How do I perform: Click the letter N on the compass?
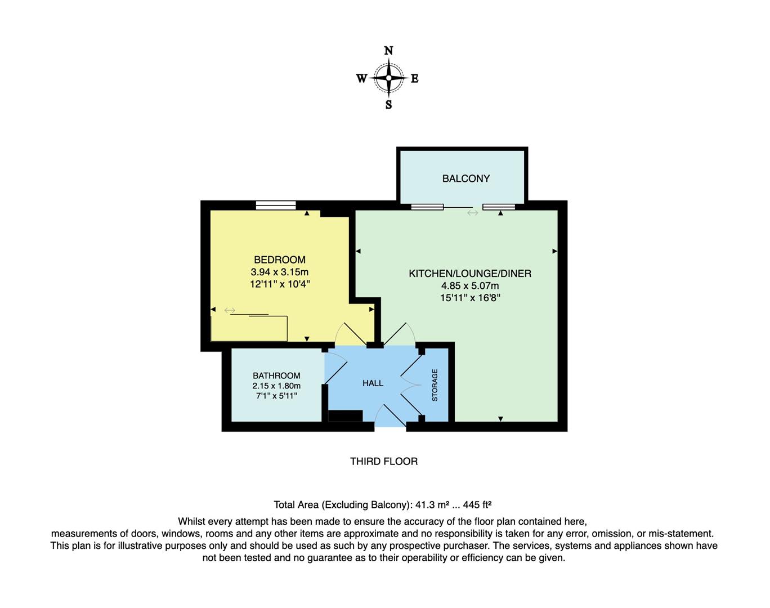coord(388,51)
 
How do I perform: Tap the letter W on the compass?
coord(361,78)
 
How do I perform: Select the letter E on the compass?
coord(415,78)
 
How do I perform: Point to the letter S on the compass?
coord(388,105)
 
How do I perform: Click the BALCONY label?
coord(465,178)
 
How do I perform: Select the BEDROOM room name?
coord(280,260)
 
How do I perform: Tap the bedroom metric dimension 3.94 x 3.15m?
coord(280,272)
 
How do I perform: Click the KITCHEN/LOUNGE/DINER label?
coord(470,274)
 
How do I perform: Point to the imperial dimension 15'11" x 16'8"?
coord(470,298)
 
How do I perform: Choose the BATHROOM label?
coord(276,375)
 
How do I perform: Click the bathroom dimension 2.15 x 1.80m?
coord(276,386)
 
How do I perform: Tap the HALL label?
coord(373,383)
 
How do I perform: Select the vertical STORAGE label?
coord(435,385)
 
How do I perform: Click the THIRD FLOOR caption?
coord(384,461)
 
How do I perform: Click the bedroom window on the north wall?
coord(276,205)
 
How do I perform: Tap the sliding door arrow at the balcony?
coord(472,213)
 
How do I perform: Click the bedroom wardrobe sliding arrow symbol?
coord(230,310)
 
